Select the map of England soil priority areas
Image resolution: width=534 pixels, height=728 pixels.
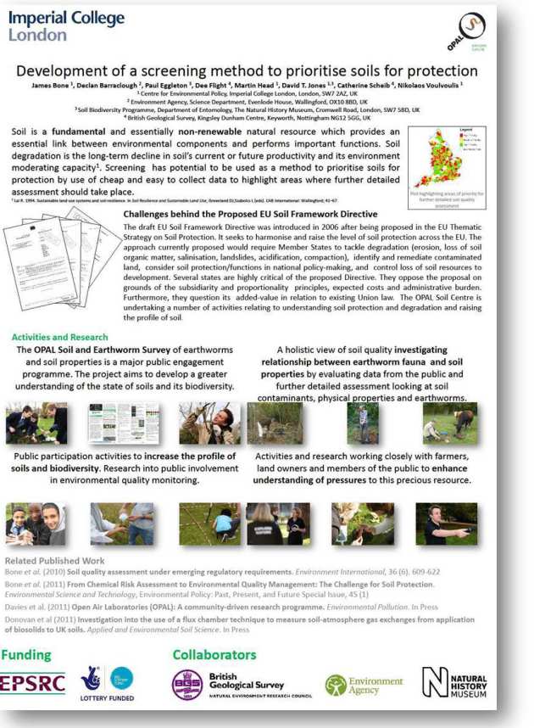point(438,156)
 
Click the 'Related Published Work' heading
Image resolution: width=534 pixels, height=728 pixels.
point(54,560)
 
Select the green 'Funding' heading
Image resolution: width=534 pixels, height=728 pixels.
point(26,655)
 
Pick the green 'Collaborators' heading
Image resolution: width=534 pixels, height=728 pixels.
point(214,655)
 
